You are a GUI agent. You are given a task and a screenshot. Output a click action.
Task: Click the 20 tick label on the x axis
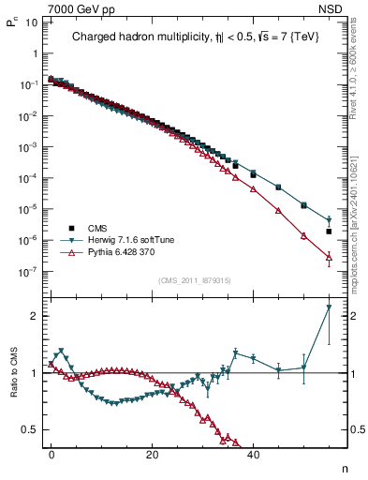[x=152, y=454]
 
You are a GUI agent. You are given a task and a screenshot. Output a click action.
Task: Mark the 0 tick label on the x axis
[x=52, y=454]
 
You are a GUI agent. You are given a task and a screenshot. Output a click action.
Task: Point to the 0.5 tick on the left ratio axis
[x=29, y=429]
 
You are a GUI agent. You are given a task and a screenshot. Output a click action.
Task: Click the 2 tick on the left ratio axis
[x=34, y=316]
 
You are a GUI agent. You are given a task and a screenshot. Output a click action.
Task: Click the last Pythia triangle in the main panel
[x=329, y=257]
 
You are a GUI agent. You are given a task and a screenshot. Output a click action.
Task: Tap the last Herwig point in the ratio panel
[x=329, y=307]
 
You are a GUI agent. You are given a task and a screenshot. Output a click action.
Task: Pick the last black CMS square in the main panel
[x=329, y=231]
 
